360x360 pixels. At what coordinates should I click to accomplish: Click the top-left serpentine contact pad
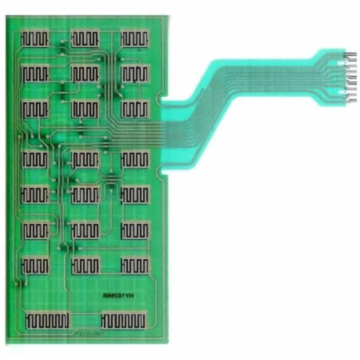(35, 37)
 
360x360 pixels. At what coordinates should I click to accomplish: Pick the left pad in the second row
(35, 73)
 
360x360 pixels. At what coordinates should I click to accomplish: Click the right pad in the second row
(135, 73)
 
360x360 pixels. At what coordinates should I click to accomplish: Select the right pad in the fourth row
(135, 159)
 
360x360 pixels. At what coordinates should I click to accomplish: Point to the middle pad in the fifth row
(85, 194)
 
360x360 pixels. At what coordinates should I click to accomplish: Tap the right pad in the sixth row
(135, 230)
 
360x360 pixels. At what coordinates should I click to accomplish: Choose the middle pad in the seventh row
(85, 265)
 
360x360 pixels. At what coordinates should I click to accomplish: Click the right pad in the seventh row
(135, 265)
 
